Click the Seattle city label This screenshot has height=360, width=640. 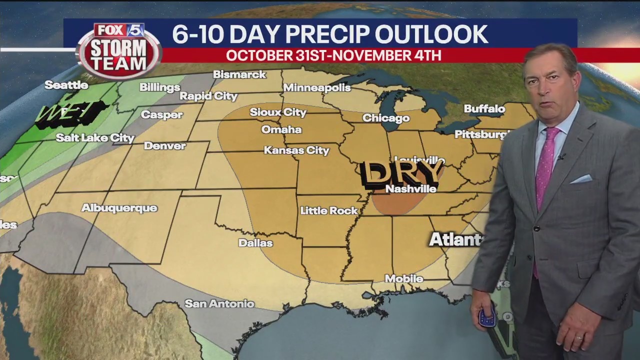pos(66,85)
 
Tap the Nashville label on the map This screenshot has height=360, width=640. pos(411,189)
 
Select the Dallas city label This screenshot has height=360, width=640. pos(255,243)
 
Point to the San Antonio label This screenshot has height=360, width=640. pos(219,303)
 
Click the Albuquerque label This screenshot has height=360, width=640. pos(119,208)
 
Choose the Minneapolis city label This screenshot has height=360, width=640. pos(317,88)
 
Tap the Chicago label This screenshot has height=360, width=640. pos(386,118)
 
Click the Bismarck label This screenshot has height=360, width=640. pos(239,74)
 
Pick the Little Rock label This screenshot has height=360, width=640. pos(329,210)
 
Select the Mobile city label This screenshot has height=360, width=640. pos(404,278)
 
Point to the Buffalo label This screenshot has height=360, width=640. pos(484,108)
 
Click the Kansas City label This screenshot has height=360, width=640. pos(296,150)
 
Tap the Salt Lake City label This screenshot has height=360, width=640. pos(95,137)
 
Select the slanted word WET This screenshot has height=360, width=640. pos(70,113)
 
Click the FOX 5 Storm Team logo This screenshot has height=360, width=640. pos(119,50)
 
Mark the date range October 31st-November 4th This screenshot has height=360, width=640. pos(333,55)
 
